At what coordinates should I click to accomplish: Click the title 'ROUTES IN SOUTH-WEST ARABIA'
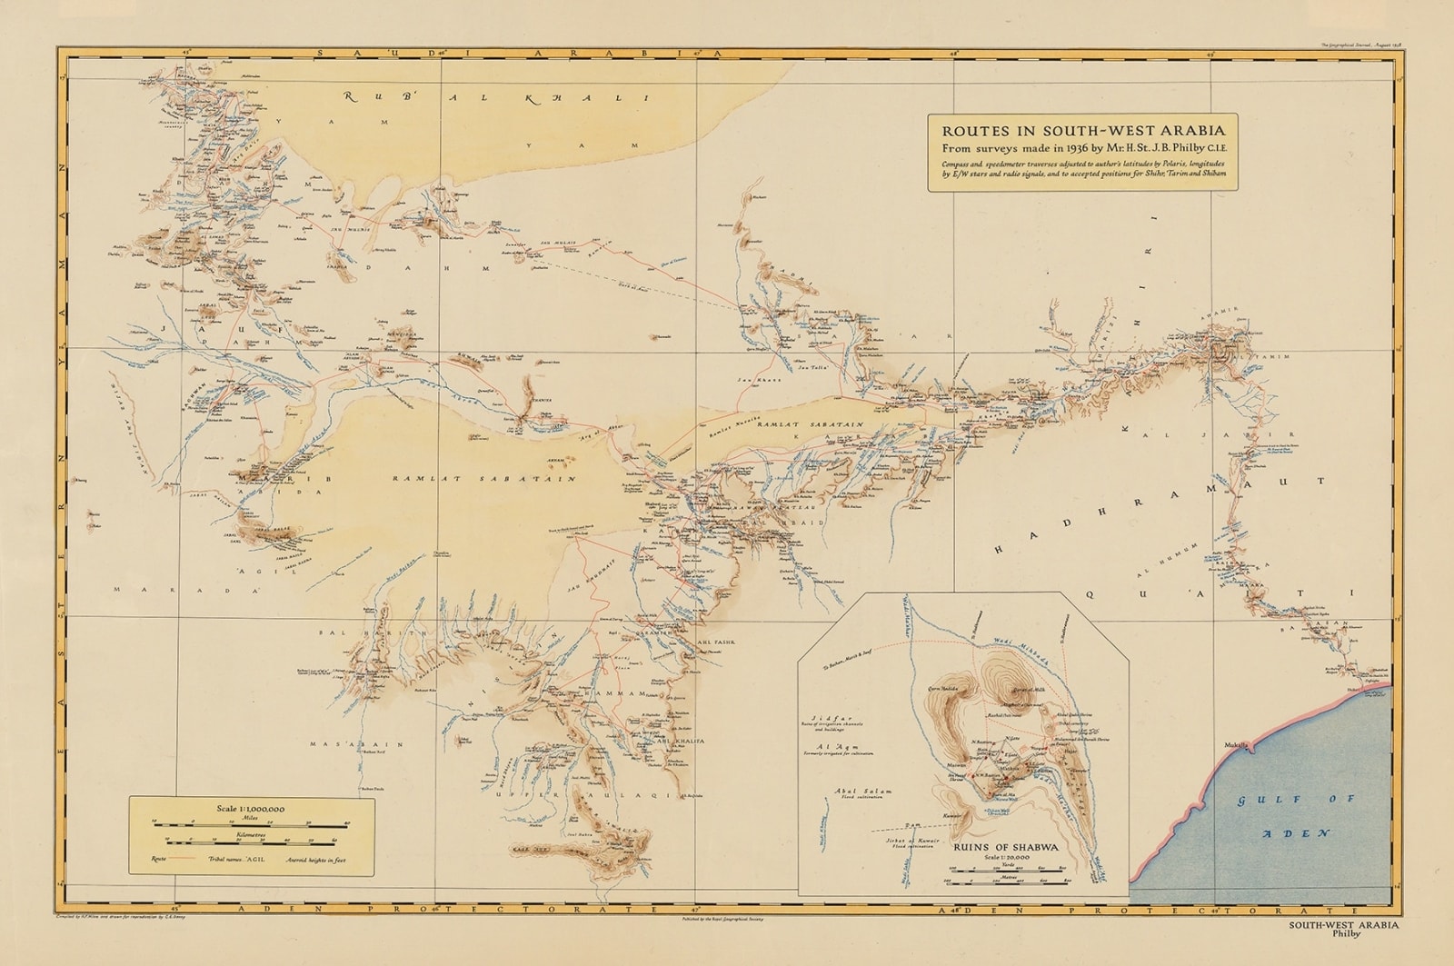pyautogui.click(x=1081, y=127)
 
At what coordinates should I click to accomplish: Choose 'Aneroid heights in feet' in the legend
pyautogui.click(x=315, y=859)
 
